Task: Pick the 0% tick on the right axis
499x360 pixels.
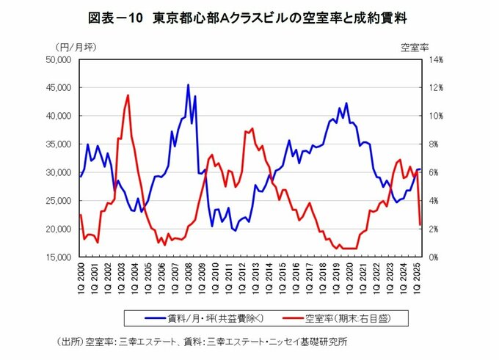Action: click(x=428, y=257)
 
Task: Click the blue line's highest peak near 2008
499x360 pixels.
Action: click(x=188, y=85)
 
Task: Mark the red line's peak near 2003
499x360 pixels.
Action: click(x=128, y=95)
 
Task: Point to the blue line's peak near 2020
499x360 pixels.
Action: click(x=346, y=103)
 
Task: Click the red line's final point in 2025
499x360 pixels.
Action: click(x=420, y=224)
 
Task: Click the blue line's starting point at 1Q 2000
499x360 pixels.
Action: click(x=80, y=177)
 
